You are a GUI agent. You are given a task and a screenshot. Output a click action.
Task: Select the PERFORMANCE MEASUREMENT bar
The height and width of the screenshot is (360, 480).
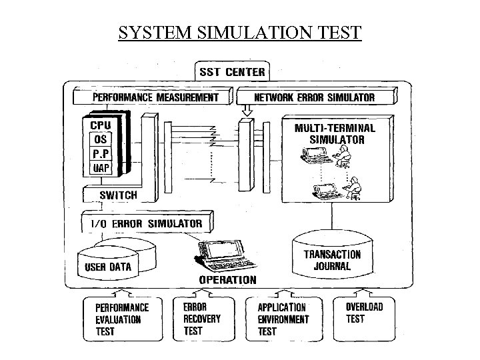tap(155, 97)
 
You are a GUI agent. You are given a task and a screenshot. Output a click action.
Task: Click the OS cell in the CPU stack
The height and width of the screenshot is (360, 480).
tap(99, 139)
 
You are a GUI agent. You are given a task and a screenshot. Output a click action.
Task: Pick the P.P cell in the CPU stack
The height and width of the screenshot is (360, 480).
tap(99, 154)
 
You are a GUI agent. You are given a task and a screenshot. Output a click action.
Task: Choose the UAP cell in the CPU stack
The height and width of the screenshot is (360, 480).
tap(99, 168)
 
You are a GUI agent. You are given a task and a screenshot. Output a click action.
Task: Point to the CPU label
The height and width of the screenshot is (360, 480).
tap(101, 125)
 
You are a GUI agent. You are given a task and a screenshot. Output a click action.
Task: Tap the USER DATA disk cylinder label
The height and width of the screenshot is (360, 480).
tap(109, 267)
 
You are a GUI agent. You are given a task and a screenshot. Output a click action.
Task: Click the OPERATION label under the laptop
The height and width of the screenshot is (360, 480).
tap(226, 280)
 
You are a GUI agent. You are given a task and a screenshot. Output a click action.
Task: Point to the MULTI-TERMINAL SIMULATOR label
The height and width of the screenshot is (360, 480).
tap(336, 133)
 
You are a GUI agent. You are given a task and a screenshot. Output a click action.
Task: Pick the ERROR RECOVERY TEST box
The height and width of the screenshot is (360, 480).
tap(203, 318)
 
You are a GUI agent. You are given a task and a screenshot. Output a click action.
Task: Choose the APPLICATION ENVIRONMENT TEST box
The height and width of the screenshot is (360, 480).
tap(283, 318)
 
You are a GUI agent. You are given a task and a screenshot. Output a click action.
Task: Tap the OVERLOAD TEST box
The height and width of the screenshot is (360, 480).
tap(364, 313)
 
